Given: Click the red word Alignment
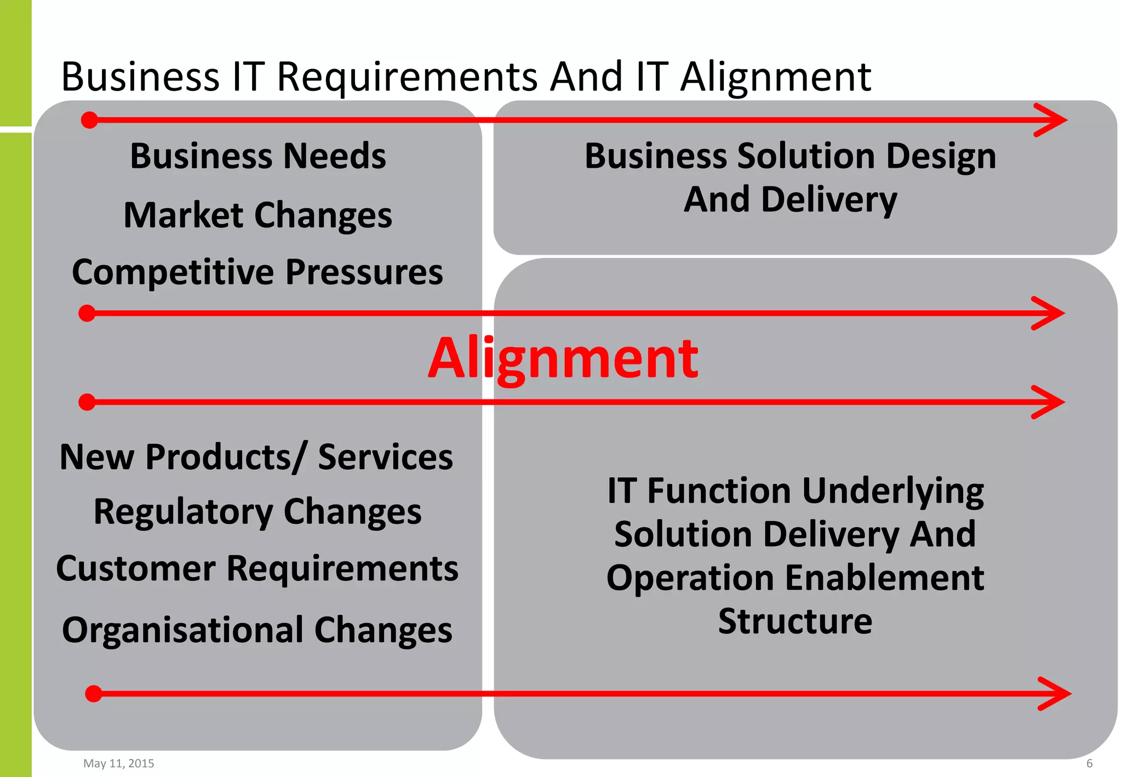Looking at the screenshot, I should (563, 359).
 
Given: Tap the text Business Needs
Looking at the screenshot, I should (258, 156).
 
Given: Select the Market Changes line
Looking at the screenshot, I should (258, 215).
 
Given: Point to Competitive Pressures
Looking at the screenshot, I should (257, 272).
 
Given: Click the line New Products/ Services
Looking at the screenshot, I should (256, 457).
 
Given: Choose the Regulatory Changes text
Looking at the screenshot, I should (257, 512).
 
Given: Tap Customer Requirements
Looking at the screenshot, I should (257, 568).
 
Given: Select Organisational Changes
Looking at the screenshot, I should (257, 630).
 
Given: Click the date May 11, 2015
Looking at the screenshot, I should (119, 763).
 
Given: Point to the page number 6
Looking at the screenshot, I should (1090, 763).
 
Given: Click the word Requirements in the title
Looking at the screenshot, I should (407, 77).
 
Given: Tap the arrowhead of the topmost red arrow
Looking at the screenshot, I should (1055, 120).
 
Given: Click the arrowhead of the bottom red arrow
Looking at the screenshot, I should (1058, 694).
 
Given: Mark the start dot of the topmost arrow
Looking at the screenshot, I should (89, 120).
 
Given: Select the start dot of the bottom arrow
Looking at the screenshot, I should (94, 694).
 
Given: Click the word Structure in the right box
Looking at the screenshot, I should (795, 621).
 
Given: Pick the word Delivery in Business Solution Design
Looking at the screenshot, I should (829, 199).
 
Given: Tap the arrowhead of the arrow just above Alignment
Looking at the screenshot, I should (1052, 313).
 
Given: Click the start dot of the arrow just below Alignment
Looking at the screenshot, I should (87, 402).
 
